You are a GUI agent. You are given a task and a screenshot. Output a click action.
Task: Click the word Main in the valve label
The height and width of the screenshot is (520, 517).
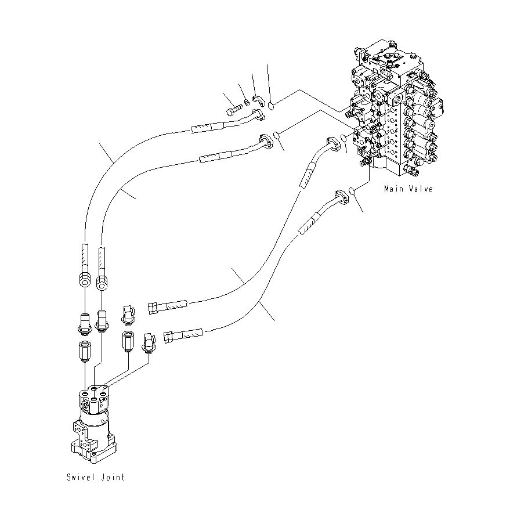point(394,189)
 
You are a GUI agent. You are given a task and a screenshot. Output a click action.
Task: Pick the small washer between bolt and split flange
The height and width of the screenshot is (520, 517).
point(247,103)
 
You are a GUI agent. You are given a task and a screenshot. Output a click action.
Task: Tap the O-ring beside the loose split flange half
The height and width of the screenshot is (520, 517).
point(272,104)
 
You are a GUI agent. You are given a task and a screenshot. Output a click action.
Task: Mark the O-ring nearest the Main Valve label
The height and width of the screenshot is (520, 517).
point(351,191)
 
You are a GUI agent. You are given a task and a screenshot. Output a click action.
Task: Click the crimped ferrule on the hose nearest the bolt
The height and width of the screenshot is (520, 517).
point(207,127)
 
